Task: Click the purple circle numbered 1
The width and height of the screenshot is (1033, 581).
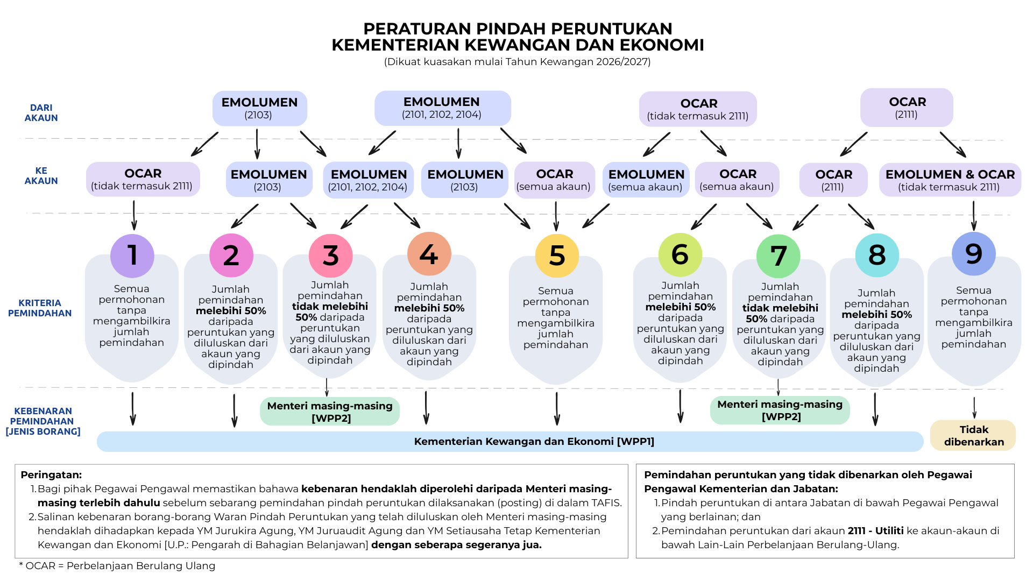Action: (x=132, y=256)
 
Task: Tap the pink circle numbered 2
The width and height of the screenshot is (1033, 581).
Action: (x=231, y=256)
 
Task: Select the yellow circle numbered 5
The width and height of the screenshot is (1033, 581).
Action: (x=557, y=256)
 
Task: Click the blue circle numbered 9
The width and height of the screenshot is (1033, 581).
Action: (x=974, y=254)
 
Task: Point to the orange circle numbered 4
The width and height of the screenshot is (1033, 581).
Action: (x=429, y=254)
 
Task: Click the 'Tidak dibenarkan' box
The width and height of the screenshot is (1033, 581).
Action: (x=973, y=436)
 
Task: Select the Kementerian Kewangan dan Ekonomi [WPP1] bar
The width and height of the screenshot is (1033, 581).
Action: (x=510, y=442)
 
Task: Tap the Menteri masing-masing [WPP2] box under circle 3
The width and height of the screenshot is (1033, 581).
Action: (x=330, y=412)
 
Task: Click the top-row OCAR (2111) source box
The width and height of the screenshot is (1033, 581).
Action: (x=907, y=108)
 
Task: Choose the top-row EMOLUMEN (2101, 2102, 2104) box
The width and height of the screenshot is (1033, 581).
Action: (x=442, y=108)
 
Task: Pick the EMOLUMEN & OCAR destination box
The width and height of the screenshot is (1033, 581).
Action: (x=950, y=180)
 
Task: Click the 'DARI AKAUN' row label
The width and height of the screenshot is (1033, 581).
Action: (x=41, y=113)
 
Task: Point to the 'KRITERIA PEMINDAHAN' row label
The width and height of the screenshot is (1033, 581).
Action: (x=40, y=308)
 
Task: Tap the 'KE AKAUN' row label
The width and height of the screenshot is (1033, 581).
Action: (x=41, y=176)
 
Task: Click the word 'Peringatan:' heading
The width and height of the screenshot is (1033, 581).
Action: (x=51, y=475)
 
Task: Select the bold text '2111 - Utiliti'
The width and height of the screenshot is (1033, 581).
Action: (x=875, y=531)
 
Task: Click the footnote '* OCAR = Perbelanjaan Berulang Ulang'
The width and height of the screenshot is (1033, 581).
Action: (x=117, y=566)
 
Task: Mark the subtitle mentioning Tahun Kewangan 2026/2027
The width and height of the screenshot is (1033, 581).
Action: (x=517, y=62)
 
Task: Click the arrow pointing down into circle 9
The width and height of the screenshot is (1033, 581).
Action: (x=973, y=216)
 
